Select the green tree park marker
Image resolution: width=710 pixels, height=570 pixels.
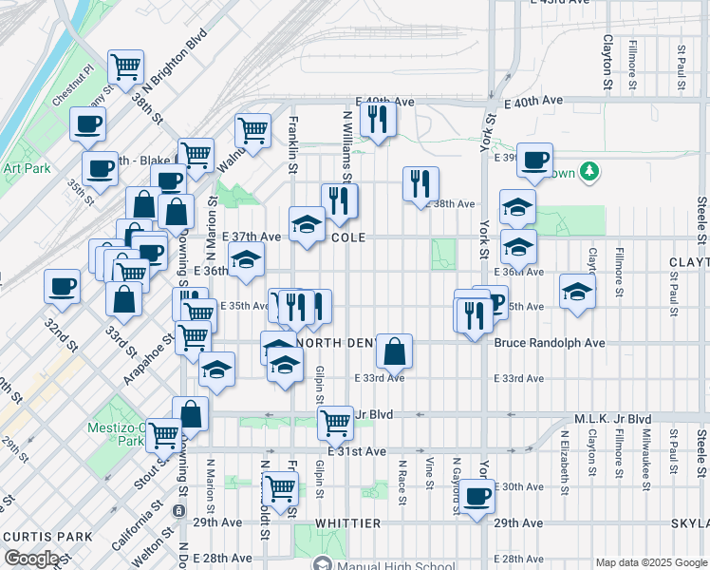[590, 171]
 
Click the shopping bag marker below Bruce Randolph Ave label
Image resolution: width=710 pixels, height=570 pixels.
[394, 351]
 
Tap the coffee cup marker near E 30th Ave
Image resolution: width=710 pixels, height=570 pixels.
[477, 496]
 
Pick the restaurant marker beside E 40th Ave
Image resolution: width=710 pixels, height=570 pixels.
[379, 118]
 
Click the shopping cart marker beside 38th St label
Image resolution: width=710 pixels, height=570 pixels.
[125, 66]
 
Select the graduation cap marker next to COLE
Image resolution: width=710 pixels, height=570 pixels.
[307, 224]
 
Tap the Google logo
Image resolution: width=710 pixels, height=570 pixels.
[31, 559]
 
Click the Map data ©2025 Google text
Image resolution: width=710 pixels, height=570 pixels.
[650, 562]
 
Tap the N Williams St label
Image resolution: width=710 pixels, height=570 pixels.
[346, 142]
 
